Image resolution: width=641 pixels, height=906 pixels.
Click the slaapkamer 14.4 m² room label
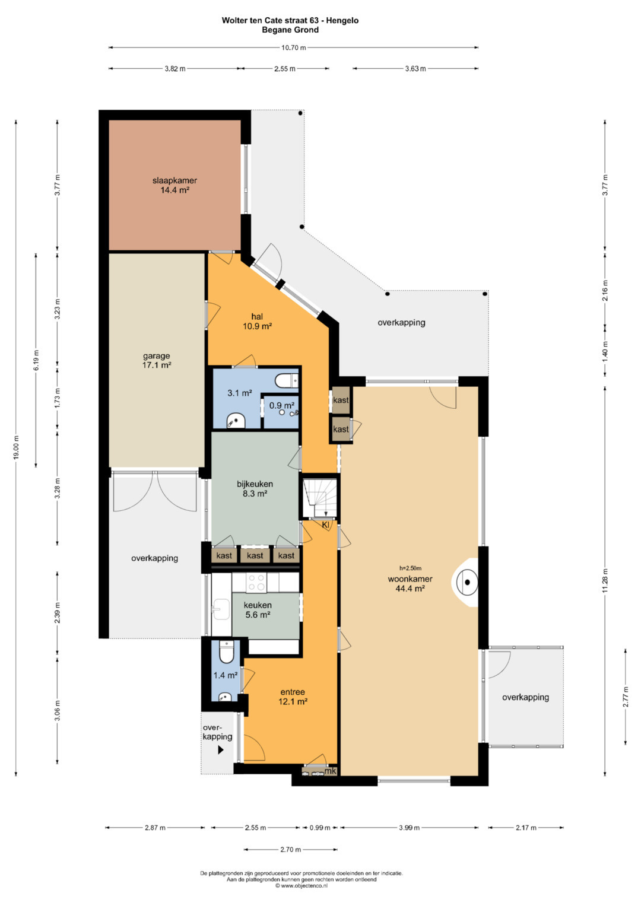pyautogui.click(x=174, y=185)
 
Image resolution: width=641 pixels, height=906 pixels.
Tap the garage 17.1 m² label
pyautogui.click(x=157, y=360)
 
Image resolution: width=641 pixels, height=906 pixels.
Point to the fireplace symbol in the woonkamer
pyautogui.click(x=465, y=583)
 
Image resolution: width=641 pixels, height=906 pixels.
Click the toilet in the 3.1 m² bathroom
pyautogui.click(x=286, y=380)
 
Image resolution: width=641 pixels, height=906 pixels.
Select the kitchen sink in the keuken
pyautogui.click(x=221, y=609)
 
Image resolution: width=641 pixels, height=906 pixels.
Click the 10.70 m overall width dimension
pyautogui.click(x=293, y=47)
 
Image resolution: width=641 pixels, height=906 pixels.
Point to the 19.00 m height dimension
pyautogui.click(x=16, y=448)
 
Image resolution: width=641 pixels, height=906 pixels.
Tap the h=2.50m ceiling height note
pyautogui.click(x=410, y=568)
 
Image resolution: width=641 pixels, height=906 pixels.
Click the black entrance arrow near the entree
pyautogui.click(x=221, y=750)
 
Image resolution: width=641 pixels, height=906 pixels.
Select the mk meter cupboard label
pyautogui.click(x=331, y=771)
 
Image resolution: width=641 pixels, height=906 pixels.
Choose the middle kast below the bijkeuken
pyautogui.click(x=255, y=555)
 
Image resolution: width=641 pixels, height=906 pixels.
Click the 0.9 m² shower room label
pyautogui.click(x=282, y=405)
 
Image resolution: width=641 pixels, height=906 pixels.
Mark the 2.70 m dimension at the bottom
pyautogui.click(x=291, y=850)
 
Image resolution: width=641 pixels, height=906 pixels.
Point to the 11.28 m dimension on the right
pyautogui.click(x=605, y=581)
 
